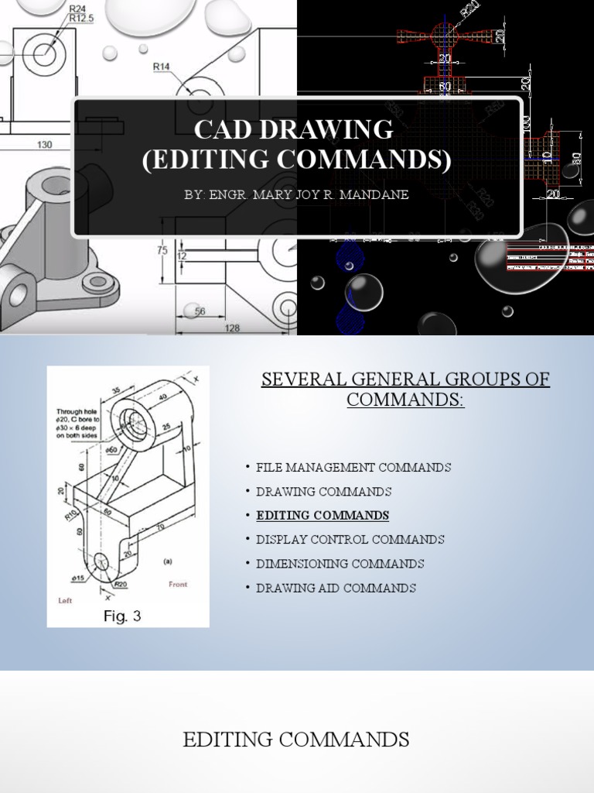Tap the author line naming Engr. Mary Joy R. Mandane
pyautogui.click(x=296, y=194)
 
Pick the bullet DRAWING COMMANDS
pyautogui.click(x=323, y=492)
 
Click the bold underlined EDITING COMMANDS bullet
pyautogui.click(x=323, y=516)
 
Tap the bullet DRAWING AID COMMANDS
pyautogui.click(x=336, y=588)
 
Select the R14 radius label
pyautogui.click(x=161, y=67)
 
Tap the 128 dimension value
pyautogui.click(x=232, y=328)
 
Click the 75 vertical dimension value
pyautogui.click(x=162, y=250)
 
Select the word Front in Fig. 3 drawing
pyautogui.click(x=178, y=585)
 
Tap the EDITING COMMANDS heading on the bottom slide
pyautogui.click(x=296, y=740)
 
